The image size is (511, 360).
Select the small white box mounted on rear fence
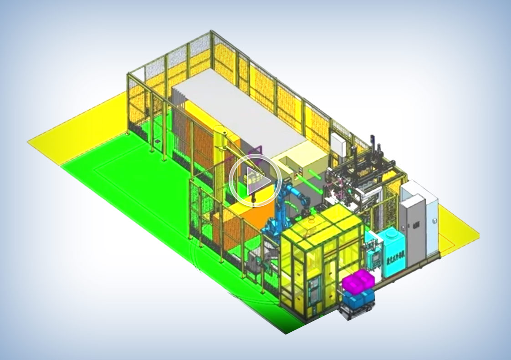[338, 143]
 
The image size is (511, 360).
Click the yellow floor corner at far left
[46, 141]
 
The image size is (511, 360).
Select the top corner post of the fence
[212, 34]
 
